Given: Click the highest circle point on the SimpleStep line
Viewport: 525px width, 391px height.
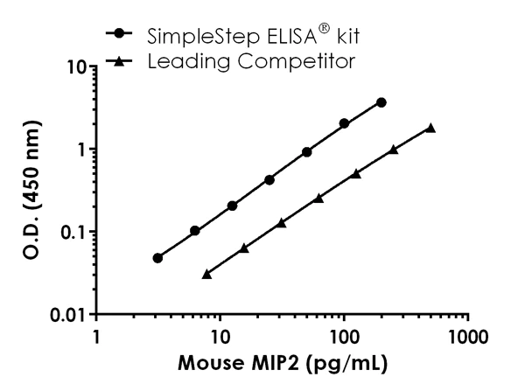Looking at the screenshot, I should (x=381, y=102).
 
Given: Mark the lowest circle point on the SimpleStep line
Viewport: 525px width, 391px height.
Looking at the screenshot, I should (x=157, y=258).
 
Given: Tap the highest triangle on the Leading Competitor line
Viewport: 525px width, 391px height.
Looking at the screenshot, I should (x=430, y=128).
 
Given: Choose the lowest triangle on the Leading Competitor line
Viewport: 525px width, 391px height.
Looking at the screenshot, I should (x=206, y=274).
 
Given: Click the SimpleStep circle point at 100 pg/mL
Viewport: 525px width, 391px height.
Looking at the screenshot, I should (x=345, y=123).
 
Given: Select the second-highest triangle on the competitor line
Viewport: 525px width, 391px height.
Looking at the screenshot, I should (x=394, y=150).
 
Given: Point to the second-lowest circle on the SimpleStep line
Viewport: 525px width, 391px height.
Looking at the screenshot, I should (x=195, y=231).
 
